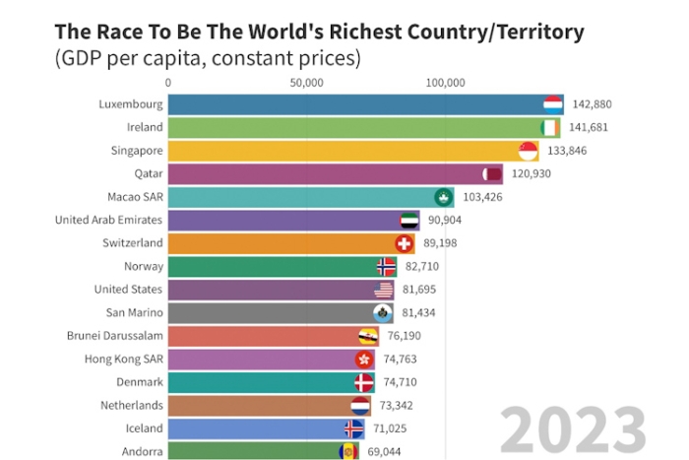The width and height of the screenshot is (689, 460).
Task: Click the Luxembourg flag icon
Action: coord(553,104)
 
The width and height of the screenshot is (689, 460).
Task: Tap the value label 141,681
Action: coord(588,127)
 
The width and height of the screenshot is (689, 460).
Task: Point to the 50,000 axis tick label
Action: coord(307,83)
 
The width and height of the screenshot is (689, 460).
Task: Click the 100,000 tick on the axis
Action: coord(445,83)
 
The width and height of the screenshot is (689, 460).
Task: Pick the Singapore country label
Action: coord(137,151)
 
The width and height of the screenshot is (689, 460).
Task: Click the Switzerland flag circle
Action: coord(404,243)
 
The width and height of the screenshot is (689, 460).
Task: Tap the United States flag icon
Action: coord(384,290)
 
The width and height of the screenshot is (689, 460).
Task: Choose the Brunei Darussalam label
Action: coord(115,336)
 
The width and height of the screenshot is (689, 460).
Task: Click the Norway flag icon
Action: coord(387,266)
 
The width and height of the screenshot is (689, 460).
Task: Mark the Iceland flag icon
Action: coord(354,428)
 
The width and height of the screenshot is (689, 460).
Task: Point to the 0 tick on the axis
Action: coord(168,83)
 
